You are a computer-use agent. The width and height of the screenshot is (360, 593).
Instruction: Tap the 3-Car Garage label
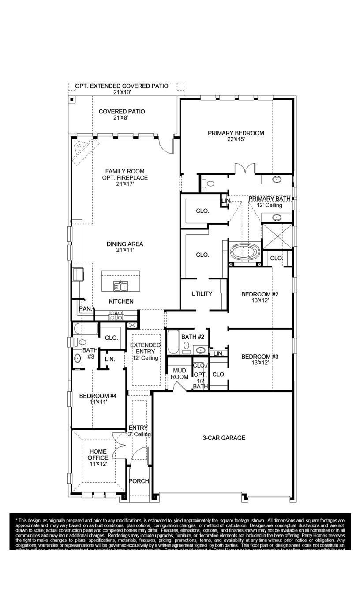coord(224,438)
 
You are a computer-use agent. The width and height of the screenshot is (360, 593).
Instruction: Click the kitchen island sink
coord(120,287)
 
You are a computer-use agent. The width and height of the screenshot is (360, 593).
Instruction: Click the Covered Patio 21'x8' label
coord(122,115)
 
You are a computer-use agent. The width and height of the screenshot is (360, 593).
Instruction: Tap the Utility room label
coord(202,294)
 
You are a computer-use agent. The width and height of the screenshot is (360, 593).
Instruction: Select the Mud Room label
coord(180,374)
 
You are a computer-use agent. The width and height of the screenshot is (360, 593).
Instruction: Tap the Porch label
coord(139,481)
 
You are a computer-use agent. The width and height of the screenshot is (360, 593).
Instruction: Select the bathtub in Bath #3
coord(86,329)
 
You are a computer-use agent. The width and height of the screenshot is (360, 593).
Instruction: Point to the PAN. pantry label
coord(85,309)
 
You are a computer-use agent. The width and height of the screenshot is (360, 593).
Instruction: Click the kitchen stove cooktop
coord(116,315)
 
